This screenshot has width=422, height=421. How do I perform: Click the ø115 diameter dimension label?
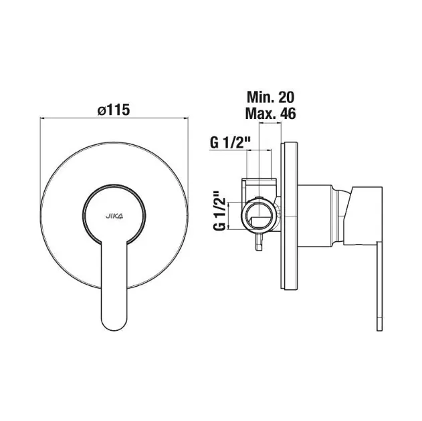[114, 110]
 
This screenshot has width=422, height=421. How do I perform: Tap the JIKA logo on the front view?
[114, 216]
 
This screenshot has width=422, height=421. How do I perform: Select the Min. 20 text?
[270, 97]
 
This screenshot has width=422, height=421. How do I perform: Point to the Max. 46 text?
[270, 114]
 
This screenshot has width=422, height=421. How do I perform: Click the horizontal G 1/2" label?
[230, 143]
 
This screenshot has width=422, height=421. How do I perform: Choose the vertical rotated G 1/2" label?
[219, 210]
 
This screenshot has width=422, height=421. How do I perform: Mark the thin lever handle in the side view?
[379, 286]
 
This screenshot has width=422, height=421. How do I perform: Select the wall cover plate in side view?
[290, 215]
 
